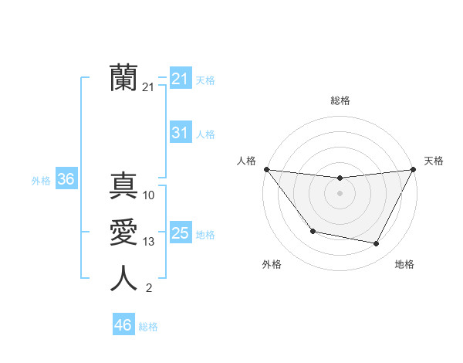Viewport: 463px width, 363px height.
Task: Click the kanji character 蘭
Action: tap(123, 78)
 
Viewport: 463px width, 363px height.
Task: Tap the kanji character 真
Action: tap(123, 186)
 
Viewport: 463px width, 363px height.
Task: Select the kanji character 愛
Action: tap(123, 233)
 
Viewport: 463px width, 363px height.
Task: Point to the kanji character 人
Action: tap(123, 279)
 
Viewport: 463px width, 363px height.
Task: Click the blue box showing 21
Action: tap(180, 79)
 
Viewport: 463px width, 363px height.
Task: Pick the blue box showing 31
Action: tap(180, 133)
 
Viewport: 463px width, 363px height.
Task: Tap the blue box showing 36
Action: tap(66, 180)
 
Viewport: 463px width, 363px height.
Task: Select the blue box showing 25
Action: tap(180, 233)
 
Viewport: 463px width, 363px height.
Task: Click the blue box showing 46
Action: tap(123, 325)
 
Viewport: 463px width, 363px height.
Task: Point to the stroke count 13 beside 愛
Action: tap(149, 242)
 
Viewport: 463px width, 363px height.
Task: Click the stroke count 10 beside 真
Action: tap(149, 195)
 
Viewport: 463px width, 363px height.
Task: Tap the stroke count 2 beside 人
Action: tap(149, 288)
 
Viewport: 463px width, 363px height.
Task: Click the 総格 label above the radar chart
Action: tap(340, 100)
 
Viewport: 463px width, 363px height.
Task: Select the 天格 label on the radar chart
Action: tap(434, 161)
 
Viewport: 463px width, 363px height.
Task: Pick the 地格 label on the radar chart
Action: tap(404, 264)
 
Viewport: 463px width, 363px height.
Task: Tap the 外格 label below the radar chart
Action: tap(272, 264)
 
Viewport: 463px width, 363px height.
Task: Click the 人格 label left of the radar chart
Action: tap(246, 161)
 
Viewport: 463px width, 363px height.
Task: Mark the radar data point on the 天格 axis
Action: tap(413, 169)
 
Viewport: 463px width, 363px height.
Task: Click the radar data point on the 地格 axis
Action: tap(377, 244)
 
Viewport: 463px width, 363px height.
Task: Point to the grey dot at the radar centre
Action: tap(340, 193)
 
